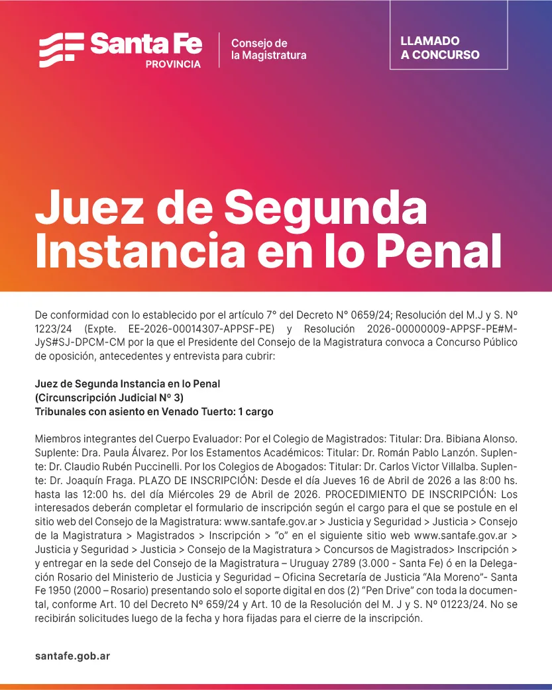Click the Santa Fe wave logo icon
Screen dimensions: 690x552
tap(61, 50)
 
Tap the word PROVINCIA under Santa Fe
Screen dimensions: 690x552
tap(173, 64)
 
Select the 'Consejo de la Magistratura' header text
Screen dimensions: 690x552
tap(268, 50)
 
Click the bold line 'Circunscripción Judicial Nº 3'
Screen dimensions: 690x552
tap(109, 397)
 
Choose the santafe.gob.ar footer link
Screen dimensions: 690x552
tap(72, 656)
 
